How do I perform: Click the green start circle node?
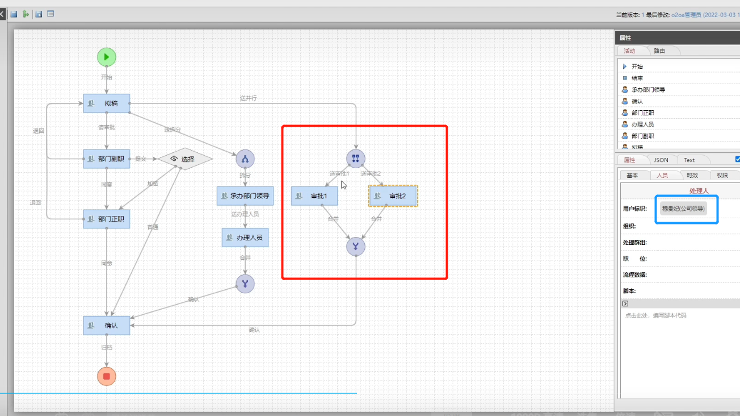(x=106, y=57)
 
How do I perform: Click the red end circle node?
(x=106, y=376)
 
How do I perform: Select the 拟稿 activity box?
(x=107, y=103)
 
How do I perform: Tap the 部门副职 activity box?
(x=107, y=159)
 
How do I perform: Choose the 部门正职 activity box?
(x=107, y=219)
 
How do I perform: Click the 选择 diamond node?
(x=185, y=159)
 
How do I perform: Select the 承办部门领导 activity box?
(x=245, y=196)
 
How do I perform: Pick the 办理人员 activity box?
(x=245, y=238)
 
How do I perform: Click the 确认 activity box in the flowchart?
(x=107, y=325)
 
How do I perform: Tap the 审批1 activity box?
(x=314, y=196)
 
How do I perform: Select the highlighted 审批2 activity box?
(x=393, y=196)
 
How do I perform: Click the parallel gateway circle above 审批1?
(x=356, y=159)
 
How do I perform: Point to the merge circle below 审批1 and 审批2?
(x=356, y=247)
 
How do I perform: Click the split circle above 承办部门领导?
(x=245, y=159)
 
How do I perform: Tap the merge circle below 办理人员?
(x=245, y=284)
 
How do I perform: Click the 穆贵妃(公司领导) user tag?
(x=684, y=209)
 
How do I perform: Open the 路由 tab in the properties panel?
(x=659, y=51)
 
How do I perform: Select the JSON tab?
(x=661, y=160)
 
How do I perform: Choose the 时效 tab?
(x=692, y=176)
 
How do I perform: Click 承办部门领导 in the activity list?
(x=648, y=90)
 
